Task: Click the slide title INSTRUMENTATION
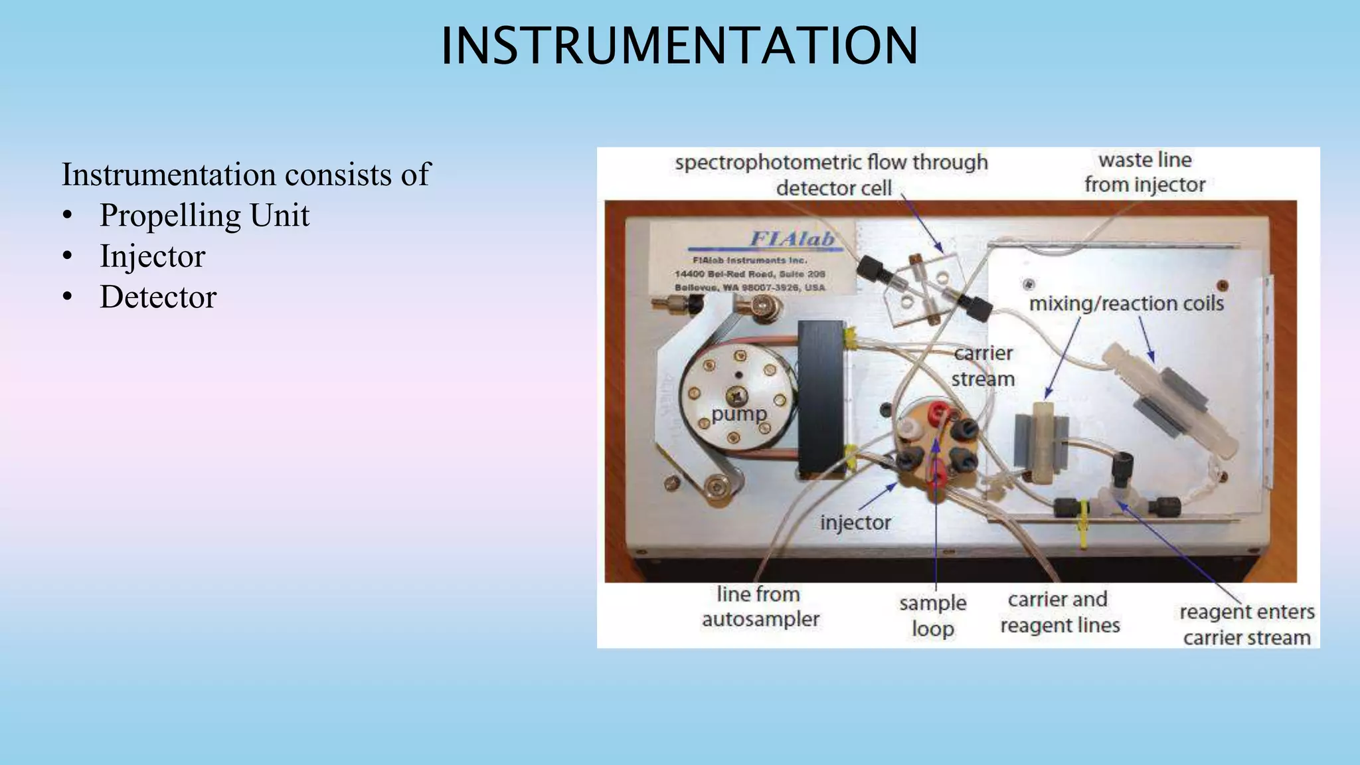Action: pyautogui.click(x=679, y=46)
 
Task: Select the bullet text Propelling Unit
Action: pyautogui.click(x=204, y=216)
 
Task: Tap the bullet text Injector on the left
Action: pyautogui.click(x=152, y=256)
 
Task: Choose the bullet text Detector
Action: pyautogui.click(x=158, y=297)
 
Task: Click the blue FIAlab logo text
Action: pyautogui.click(x=792, y=239)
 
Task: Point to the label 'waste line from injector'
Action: pyautogui.click(x=1145, y=173)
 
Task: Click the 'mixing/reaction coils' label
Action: pyautogui.click(x=1126, y=303)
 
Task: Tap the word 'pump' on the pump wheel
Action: pyautogui.click(x=738, y=414)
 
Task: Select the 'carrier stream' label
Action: pyautogui.click(x=983, y=366)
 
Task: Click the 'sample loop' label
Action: pyautogui.click(x=933, y=616)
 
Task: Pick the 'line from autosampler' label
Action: pyautogui.click(x=760, y=606)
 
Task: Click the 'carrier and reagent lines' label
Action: pyautogui.click(x=1060, y=612)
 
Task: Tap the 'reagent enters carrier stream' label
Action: pyautogui.click(x=1246, y=624)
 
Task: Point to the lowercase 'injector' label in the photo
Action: pyautogui.click(x=855, y=523)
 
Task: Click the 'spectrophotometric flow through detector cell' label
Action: pyautogui.click(x=832, y=175)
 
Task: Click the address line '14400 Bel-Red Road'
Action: pyautogui.click(x=750, y=274)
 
